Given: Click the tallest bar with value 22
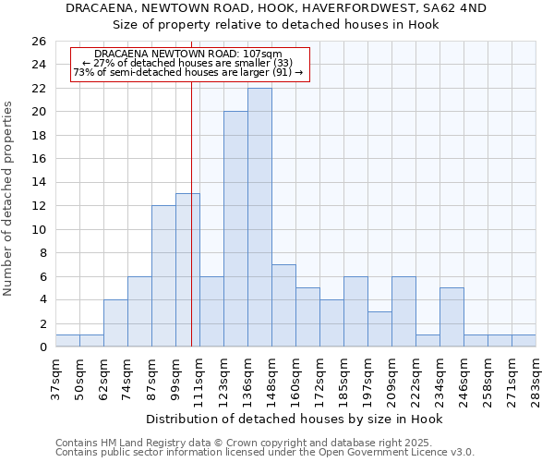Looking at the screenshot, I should (x=259, y=217).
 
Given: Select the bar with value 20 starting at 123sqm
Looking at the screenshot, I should (x=235, y=229).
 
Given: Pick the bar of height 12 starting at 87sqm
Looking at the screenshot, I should (x=163, y=276).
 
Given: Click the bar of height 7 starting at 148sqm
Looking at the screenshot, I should (x=283, y=306).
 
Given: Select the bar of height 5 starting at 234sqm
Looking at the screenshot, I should (x=452, y=317).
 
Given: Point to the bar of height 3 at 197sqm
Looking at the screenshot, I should (x=379, y=329).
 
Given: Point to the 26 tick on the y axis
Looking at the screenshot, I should (x=38, y=42).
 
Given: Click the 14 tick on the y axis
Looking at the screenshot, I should (x=38, y=183).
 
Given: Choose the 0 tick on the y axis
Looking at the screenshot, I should (x=42, y=347).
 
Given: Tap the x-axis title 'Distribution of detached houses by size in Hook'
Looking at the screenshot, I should (x=295, y=419).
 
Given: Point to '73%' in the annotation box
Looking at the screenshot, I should (x=83, y=72).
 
